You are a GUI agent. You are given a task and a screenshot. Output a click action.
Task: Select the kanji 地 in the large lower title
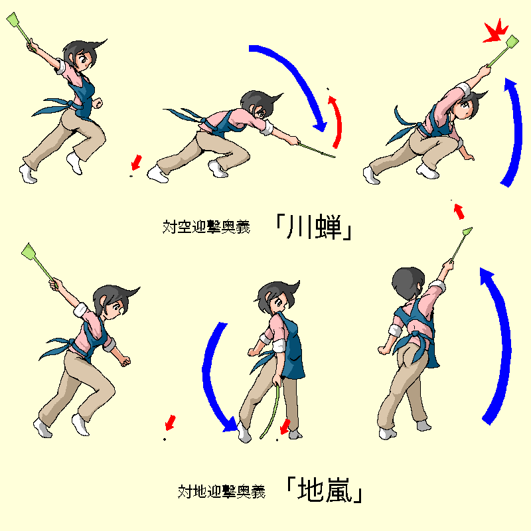(310, 490)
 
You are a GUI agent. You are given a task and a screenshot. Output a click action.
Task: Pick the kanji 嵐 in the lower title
(339, 490)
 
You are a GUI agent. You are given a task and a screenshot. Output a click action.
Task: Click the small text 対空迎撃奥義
(206, 226)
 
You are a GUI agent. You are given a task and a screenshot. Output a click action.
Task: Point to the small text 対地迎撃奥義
(222, 491)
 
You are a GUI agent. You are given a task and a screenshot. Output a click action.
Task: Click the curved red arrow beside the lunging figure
(337, 121)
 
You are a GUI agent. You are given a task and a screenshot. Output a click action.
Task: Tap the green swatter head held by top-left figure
(13, 20)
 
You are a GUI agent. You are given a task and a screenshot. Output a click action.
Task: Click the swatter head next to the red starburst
(512, 42)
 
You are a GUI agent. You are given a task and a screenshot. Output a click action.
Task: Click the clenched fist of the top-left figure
(98, 103)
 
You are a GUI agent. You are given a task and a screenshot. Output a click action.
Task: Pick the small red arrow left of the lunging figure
(136, 162)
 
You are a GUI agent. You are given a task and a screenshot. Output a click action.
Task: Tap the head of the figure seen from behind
(408, 283)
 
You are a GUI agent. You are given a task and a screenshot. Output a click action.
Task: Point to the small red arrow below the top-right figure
(459, 211)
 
